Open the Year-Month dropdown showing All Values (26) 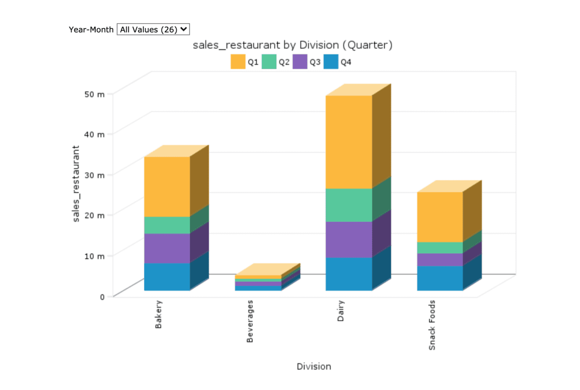click(153, 29)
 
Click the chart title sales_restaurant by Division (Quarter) click(292, 45)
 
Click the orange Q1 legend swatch click(238, 62)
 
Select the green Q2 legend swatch click(269, 62)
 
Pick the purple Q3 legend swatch click(300, 62)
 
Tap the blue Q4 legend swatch click(331, 62)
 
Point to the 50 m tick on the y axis click(97, 94)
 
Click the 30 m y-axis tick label click(97, 175)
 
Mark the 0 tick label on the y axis click(102, 297)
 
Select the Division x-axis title click(314, 366)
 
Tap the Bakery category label click(159, 314)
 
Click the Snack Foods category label click(432, 325)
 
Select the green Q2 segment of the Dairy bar click(348, 205)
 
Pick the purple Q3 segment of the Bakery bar click(167, 249)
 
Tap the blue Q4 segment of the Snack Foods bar click(440, 278)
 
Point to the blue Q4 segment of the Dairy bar click(348, 274)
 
